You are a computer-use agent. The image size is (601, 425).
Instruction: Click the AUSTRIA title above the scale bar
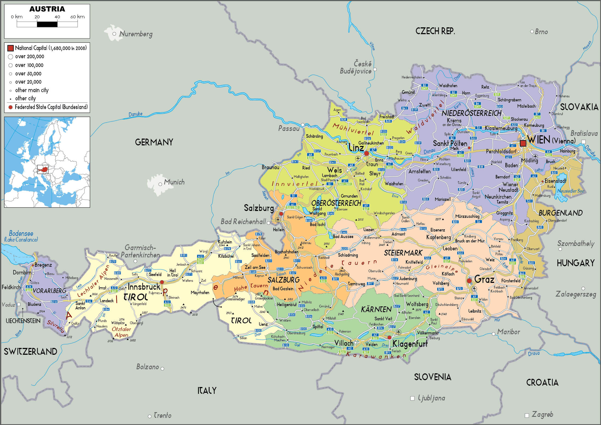[47, 9]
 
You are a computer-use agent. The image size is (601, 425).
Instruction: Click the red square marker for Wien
[523, 143]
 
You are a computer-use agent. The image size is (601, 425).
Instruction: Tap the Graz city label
[484, 279]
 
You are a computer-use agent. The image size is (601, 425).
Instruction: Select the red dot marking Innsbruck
[162, 282]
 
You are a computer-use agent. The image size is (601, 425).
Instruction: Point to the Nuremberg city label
[136, 34]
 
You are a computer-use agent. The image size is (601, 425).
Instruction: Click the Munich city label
[174, 182]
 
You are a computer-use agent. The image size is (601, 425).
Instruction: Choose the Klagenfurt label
[410, 344]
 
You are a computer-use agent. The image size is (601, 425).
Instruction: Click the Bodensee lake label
[21, 233]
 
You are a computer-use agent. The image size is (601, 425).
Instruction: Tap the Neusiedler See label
[570, 191]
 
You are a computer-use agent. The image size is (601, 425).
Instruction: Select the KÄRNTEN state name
[376, 309]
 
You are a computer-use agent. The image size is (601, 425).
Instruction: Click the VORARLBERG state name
[49, 291]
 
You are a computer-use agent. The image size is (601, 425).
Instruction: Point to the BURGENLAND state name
[561, 213]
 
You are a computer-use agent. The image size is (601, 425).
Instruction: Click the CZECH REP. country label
[435, 31]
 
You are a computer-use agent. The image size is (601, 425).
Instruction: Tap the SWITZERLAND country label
[30, 351]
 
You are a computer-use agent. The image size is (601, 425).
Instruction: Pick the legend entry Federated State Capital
[51, 107]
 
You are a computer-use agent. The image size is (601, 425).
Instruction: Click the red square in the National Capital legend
[10, 48]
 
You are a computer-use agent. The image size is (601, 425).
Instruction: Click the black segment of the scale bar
[47, 24]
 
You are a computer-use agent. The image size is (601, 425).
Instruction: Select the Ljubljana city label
[431, 398]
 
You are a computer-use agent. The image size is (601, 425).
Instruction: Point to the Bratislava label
[584, 133]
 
